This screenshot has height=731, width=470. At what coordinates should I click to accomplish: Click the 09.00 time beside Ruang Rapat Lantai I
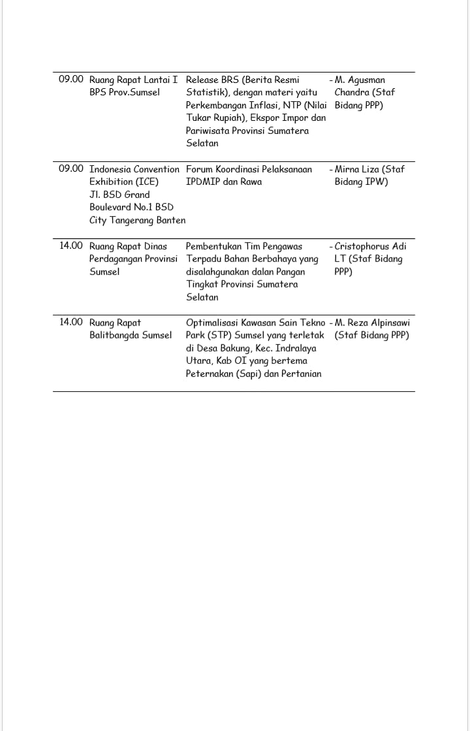click(x=71, y=79)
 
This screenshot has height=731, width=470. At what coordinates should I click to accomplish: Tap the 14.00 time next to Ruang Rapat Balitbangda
click(x=71, y=322)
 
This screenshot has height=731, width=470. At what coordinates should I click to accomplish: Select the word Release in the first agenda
click(x=202, y=80)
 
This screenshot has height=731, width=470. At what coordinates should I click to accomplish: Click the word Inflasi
click(x=262, y=105)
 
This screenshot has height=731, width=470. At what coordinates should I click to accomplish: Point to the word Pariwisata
click(x=210, y=131)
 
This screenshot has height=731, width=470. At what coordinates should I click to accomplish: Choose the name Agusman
click(x=366, y=80)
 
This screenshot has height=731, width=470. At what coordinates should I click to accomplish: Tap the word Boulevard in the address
click(x=113, y=207)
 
